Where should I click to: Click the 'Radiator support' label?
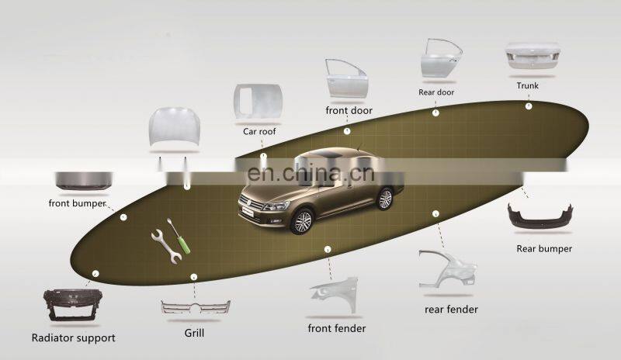73,337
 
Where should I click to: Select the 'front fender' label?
336,328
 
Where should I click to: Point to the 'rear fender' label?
451,310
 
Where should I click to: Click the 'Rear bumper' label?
544,249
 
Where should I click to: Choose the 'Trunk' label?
527,85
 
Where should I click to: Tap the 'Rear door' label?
435,92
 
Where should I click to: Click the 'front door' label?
349,110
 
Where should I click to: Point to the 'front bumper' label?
76,204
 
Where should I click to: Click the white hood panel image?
172,129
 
